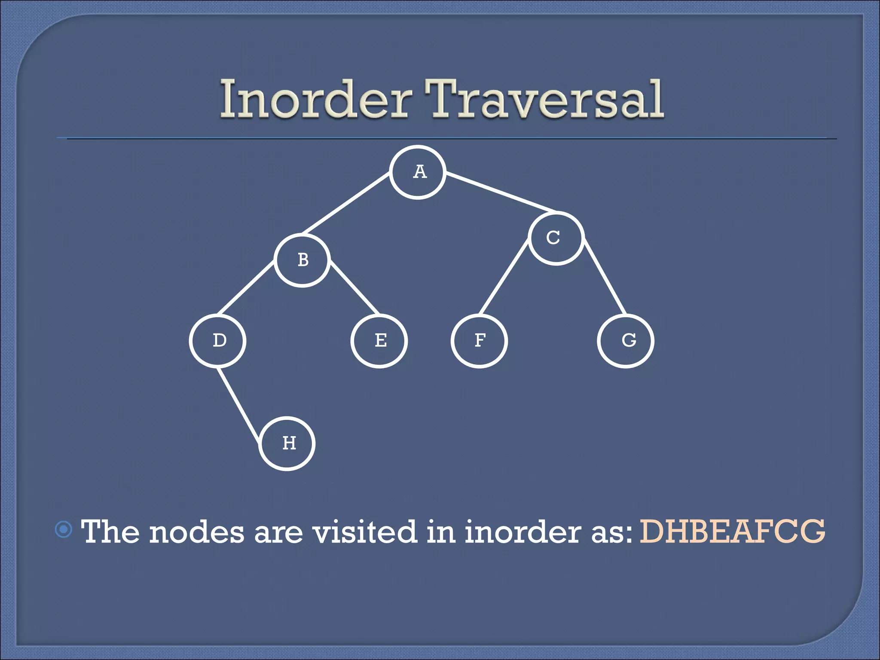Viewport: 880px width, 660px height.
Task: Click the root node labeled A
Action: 417,172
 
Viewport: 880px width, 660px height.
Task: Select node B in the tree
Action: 302,260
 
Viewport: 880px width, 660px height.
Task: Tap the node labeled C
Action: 556,238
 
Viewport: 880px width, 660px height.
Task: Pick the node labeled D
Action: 218,341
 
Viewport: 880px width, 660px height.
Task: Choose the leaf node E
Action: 379,341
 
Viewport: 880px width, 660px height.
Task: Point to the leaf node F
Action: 479,341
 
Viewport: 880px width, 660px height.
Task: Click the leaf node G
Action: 626,341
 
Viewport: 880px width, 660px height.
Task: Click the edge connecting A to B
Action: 346,204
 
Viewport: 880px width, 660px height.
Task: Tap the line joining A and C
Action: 501,192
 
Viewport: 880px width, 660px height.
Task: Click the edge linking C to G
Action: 605,277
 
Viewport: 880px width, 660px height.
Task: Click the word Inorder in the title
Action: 314,100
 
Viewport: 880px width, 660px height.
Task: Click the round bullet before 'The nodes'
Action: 64,530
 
